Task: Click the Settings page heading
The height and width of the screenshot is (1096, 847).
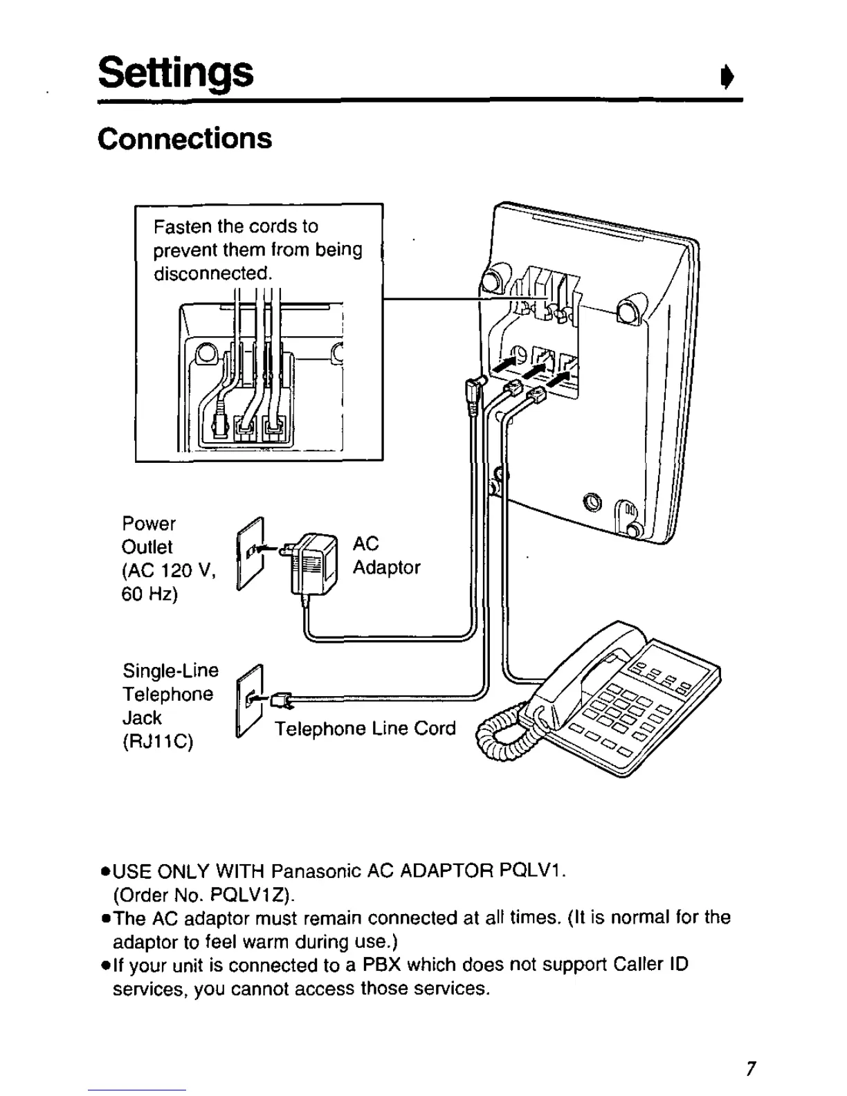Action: point(176,72)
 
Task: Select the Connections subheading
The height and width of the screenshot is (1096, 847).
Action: point(185,138)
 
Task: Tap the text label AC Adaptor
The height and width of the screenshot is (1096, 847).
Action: point(386,556)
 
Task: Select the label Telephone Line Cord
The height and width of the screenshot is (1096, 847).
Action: point(365,729)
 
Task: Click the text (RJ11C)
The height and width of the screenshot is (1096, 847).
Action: point(158,742)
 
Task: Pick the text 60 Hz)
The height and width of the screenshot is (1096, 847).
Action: point(149,594)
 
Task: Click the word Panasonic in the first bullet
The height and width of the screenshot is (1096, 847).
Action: point(317,870)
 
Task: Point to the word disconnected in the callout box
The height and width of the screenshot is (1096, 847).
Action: point(210,273)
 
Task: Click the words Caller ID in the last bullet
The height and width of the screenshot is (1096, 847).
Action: point(650,965)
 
